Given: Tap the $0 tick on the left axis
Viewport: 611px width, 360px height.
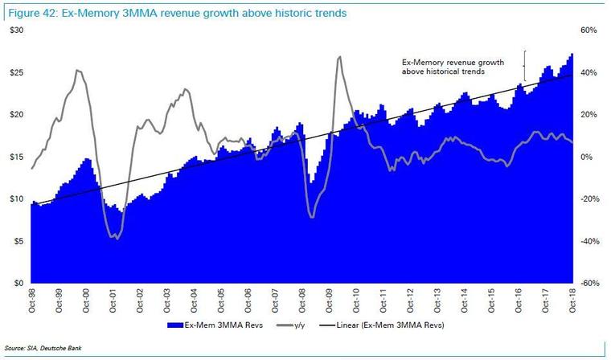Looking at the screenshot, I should pos(16,284).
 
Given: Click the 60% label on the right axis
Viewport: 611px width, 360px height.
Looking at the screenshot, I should pos(590,30).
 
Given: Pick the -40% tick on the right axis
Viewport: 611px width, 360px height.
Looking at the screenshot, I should pos(590,241).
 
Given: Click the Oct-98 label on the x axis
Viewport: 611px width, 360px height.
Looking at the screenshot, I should pos(32,301).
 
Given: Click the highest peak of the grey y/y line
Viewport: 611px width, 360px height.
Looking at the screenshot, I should pos(339,57).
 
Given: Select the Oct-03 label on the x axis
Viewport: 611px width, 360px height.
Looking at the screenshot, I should pos(168,301).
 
